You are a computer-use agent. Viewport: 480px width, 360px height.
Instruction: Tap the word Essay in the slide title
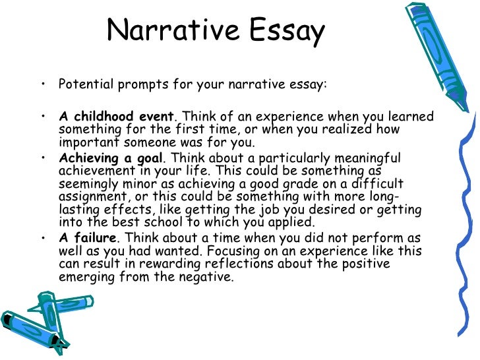point(286,32)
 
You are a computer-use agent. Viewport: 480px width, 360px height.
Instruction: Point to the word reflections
point(264,264)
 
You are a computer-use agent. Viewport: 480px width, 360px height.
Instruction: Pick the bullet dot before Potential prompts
point(43,85)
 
